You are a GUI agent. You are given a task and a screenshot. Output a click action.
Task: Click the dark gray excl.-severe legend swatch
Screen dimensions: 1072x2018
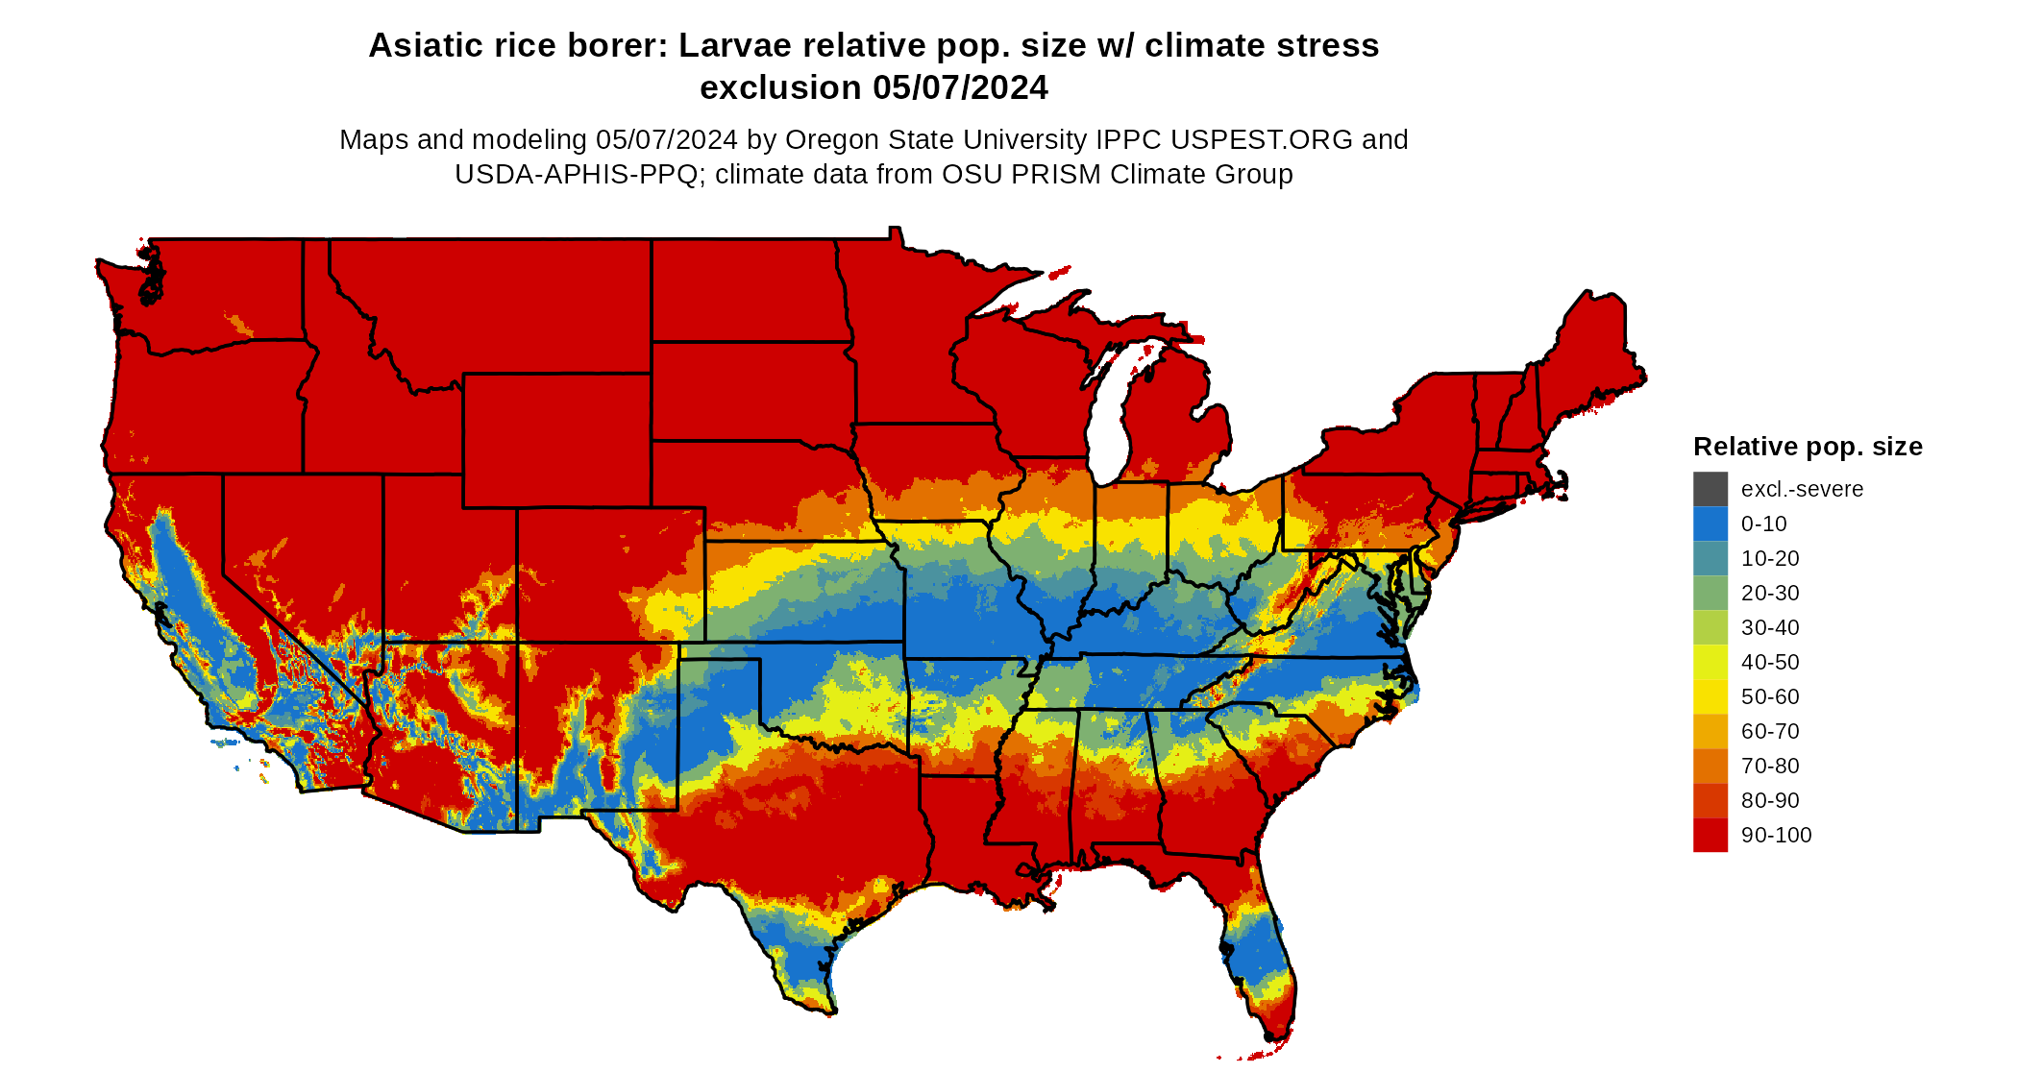tap(1710, 489)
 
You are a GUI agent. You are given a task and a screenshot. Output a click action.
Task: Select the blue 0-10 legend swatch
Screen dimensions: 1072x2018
tap(1710, 524)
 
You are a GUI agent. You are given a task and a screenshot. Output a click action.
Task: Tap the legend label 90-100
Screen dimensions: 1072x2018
tap(1776, 836)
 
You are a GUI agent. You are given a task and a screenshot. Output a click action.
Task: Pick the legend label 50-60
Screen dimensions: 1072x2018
tap(1770, 697)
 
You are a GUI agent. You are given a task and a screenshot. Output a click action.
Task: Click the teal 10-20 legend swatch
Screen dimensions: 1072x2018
tap(1710, 558)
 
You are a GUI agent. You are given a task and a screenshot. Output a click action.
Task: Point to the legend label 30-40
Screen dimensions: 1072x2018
tap(1770, 628)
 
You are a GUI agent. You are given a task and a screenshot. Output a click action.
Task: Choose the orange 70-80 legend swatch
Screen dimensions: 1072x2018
tap(1710, 766)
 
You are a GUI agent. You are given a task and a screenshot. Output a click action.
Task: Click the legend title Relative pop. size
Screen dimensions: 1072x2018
tap(1807, 447)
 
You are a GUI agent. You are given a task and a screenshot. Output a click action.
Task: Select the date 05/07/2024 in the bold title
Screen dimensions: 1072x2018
tap(960, 88)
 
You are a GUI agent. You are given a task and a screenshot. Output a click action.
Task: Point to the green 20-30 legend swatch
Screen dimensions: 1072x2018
tap(1710, 593)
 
